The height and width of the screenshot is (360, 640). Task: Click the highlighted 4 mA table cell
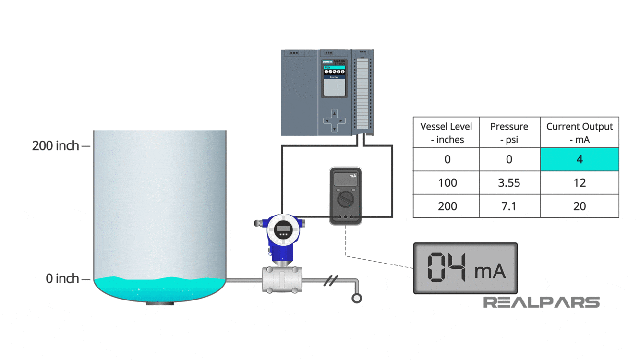580,159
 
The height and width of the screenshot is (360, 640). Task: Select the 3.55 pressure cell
509,183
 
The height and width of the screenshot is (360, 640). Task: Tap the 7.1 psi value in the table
509,206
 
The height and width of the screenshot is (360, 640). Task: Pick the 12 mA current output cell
580,183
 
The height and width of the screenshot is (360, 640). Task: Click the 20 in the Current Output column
580,206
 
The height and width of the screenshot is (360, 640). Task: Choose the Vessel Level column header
446,132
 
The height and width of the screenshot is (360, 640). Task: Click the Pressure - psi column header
509,132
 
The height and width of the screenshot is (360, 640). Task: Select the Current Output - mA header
580,132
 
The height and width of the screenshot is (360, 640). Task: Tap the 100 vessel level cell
447,183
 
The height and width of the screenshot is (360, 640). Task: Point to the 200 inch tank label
56,145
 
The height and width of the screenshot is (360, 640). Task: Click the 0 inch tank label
62,278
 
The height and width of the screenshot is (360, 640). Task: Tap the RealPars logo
541,302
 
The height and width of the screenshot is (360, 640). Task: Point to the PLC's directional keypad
334,121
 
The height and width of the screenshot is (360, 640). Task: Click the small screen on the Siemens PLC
334,87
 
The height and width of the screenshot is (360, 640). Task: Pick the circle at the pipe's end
356,298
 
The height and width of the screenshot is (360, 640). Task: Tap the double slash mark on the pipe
330,280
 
